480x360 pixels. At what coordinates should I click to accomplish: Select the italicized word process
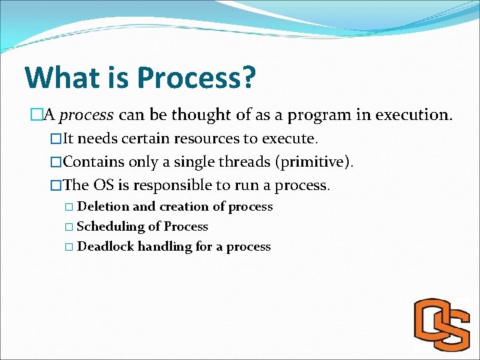coord(87,115)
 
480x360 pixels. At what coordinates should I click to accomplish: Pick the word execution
coord(413,115)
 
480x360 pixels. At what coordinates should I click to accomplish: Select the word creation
coord(184,207)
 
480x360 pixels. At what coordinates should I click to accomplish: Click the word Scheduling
coord(111,227)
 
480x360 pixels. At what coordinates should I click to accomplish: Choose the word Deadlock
coord(106,247)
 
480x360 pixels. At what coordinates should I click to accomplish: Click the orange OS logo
coord(442,325)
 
